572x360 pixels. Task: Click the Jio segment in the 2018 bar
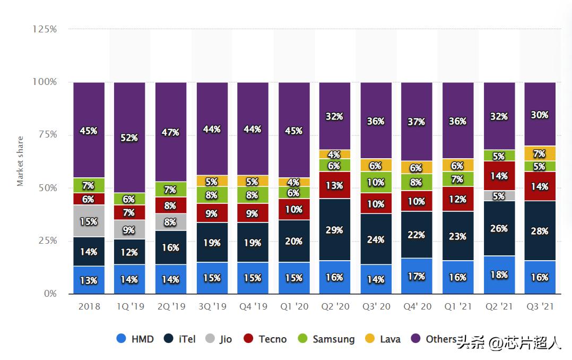pos(89,221)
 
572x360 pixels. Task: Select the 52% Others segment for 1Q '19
pos(129,138)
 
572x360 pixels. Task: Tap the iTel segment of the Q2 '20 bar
pos(335,230)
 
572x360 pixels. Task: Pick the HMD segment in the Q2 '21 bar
pos(499,275)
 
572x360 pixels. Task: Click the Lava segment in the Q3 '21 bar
pos(540,153)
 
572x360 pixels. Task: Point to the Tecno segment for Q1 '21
pos(458,199)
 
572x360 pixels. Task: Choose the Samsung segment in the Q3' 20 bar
pos(376,182)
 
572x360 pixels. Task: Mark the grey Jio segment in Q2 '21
pos(499,196)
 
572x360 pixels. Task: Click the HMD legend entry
pos(135,339)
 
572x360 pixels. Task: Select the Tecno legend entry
pos(265,339)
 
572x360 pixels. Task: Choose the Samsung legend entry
pos(326,339)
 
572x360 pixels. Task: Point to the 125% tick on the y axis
pos(45,29)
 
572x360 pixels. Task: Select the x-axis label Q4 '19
pos(253,307)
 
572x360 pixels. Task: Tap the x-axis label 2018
pos(89,307)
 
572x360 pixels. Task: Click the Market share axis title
pos(20,161)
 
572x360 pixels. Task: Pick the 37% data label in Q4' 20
pos(417,122)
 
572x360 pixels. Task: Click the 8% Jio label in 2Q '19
pos(170,222)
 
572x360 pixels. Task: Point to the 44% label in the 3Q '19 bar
pos(212,128)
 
